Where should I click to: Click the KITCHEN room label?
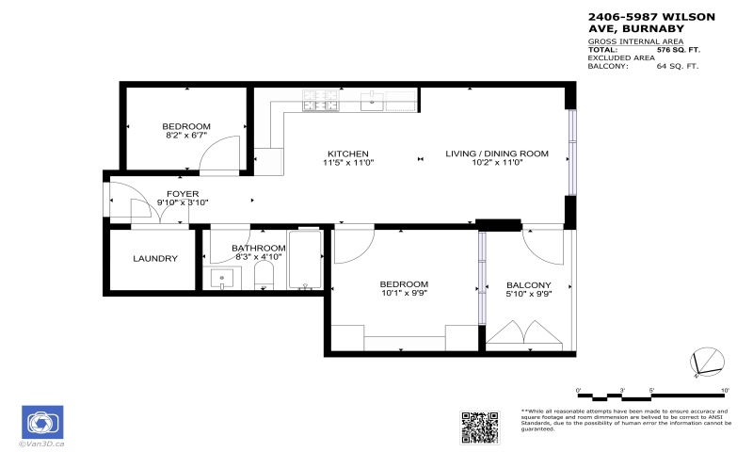pos(347,153)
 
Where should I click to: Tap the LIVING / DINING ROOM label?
pos(496,153)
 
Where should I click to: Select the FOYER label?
pos(183,193)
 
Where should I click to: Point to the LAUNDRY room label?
pos(155,258)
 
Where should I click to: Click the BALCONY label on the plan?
pos(528,285)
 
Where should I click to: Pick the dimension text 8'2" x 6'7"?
pos(185,136)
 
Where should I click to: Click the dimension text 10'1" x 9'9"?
pos(404,294)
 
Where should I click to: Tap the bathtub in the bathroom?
pos(305,261)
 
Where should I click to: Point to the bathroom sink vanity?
pos(222,279)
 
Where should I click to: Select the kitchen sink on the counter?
pos(374,99)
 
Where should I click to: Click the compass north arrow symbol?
pos(709,363)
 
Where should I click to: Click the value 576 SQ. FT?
pos(678,50)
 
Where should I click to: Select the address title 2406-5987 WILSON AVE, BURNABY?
pos(650,22)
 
